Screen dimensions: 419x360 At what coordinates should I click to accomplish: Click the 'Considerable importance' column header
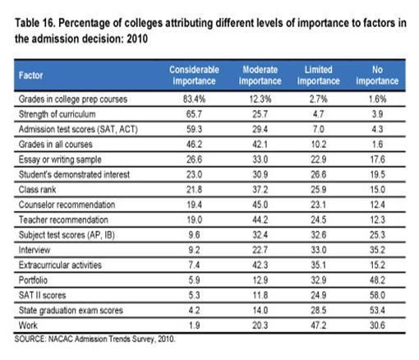pyautogui.click(x=194, y=76)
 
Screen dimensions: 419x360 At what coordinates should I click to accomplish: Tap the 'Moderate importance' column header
pyautogui.click(x=260, y=76)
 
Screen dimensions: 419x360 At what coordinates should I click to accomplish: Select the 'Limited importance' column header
pyautogui.click(x=319, y=76)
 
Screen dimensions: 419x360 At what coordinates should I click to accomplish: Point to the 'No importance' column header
pyautogui.click(x=377, y=76)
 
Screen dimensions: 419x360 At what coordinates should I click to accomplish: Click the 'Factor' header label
pyautogui.click(x=30, y=76)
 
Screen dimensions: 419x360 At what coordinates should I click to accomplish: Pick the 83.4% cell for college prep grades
pyautogui.click(x=194, y=99)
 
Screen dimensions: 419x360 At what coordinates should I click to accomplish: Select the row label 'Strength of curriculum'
pyautogui.click(x=57, y=114)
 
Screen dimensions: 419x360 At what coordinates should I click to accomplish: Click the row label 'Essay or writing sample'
pyautogui.click(x=60, y=159)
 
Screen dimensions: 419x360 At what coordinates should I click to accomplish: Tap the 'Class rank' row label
pyautogui.click(x=37, y=190)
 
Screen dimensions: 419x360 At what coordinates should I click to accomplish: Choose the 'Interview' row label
pyautogui.click(x=35, y=250)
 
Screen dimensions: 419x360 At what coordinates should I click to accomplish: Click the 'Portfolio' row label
pyautogui.click(x=33, y=280)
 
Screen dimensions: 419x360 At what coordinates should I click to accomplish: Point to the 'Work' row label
pyautogui.click(x=28, y=325)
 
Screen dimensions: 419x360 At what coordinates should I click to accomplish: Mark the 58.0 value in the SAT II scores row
pyautogui.click(x=378, y=295)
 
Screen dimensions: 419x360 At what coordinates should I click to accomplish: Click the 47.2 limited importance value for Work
pyautogui.click(x=319, y=325)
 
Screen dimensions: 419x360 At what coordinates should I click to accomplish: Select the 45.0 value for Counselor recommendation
pyautogui.click(x=260, y=205)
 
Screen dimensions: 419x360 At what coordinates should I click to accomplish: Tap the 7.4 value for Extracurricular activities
pyautogui.click(x=194, y=265)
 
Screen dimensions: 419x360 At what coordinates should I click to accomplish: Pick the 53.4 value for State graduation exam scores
pyautogui.click(x=378, y=310)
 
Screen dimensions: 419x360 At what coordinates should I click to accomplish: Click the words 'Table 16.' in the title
pyautogui.click(x=35, y=23)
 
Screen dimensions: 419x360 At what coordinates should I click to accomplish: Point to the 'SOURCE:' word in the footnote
pyautogui.click(x=30, y=339)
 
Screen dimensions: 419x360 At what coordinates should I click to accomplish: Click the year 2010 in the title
pyautogui.click(x=137, y=39)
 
